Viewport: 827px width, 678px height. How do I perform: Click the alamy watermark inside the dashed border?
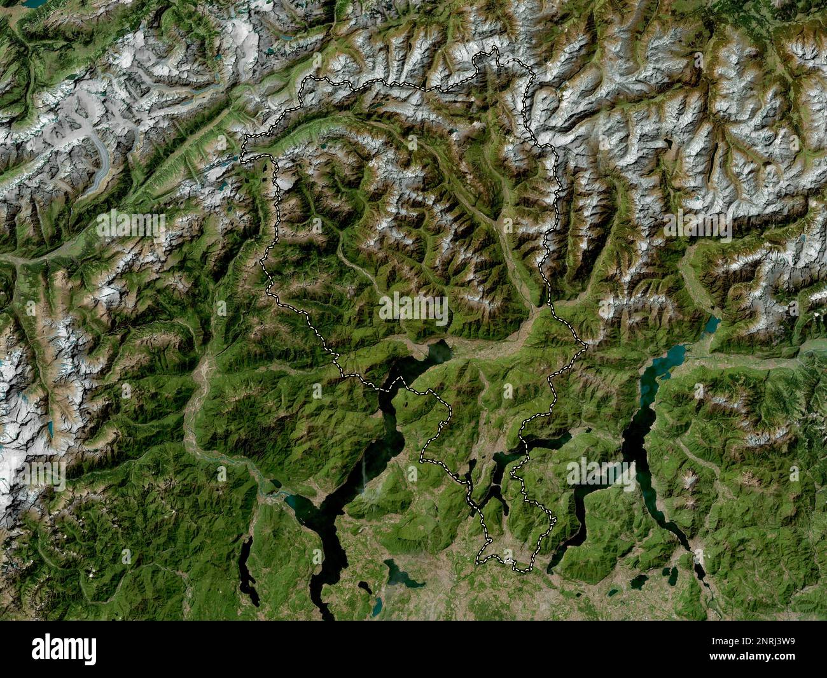point(413,308)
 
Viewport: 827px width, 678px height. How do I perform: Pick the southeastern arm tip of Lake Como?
point(700,573)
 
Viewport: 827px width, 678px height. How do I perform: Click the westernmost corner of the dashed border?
point(244,153)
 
